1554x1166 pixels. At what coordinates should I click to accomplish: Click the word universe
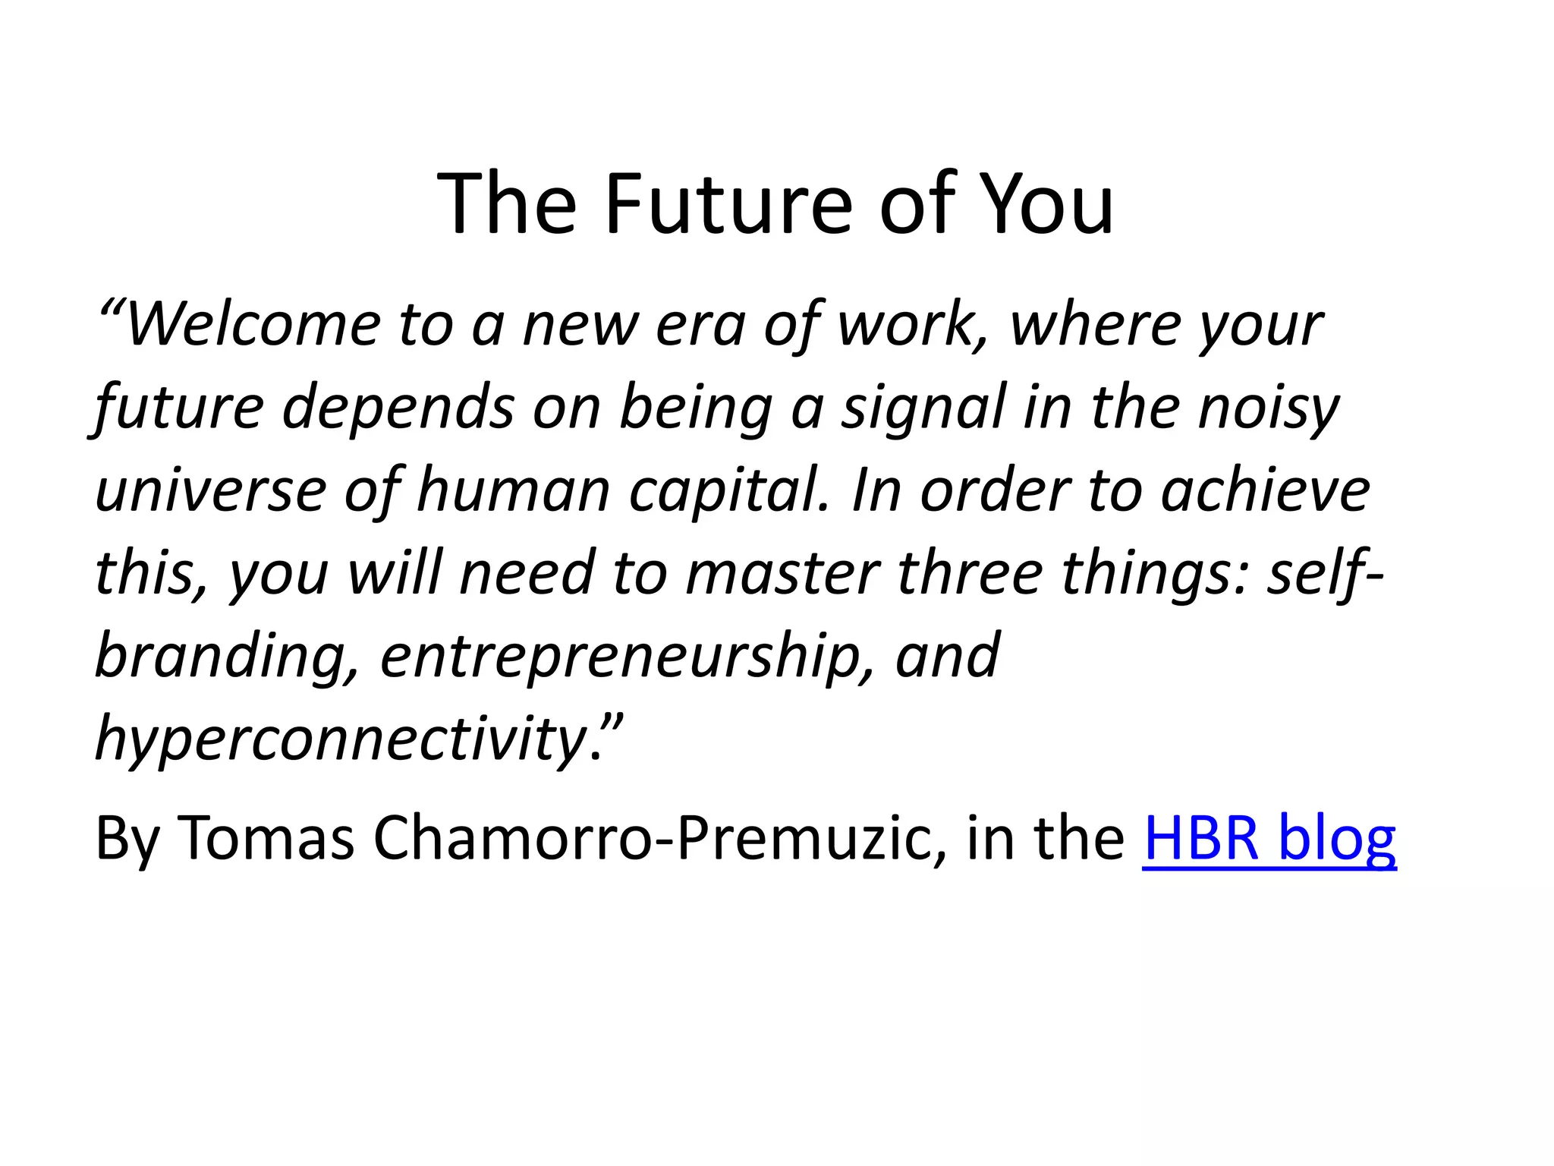211,491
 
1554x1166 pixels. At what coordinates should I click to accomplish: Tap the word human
514,491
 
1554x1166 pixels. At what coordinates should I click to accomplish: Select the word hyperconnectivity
341,739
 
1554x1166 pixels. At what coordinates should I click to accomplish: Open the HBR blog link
1269,838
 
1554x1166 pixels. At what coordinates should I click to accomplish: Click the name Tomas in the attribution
266,838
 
